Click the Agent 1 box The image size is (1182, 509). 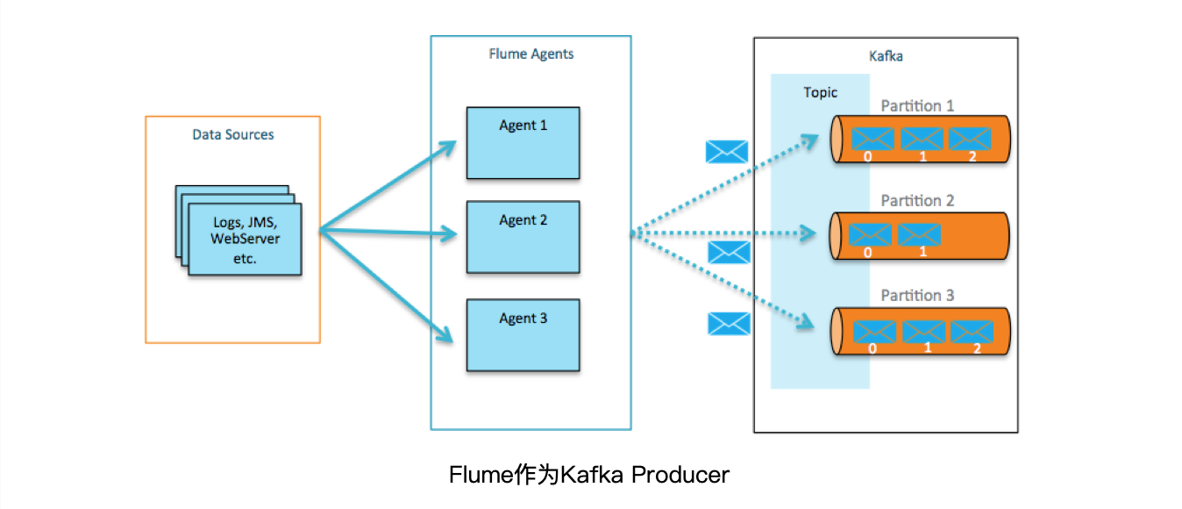[523, 143]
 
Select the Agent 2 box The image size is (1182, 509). [523, 237]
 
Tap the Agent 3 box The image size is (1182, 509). [523, 334]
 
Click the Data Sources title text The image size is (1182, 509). [233, 134]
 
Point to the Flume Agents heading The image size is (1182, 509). [530, 54]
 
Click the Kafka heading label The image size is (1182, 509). [885, 55]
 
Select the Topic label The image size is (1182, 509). [820, 92]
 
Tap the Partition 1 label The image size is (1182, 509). [917, 106]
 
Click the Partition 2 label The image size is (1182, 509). [917, 201]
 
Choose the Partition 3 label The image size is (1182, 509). [917, 296]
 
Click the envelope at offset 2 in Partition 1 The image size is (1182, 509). [969, 139]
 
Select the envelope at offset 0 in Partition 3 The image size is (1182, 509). [874, 332]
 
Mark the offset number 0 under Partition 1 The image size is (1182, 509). [867, 157]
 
